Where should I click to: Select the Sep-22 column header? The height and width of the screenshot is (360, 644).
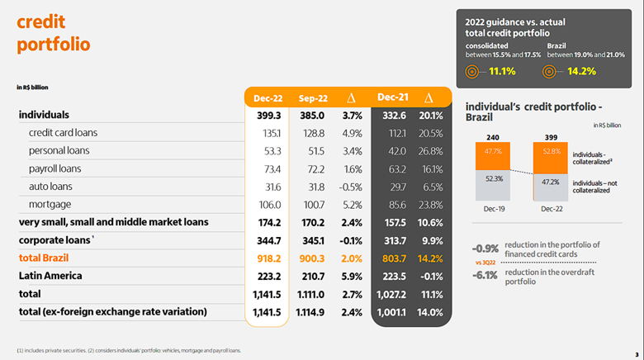pyautogui.click(x=314, y=98)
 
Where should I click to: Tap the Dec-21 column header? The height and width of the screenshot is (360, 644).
pyautogui.click(x=393, y=97)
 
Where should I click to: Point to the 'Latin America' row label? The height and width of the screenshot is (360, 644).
pyautogui.click(x=52, y=275)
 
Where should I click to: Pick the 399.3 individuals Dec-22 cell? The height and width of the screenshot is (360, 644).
pyautogui.click(x=271, y=115)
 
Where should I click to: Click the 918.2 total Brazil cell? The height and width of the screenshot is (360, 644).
pyautogui.click(x=271, y=258)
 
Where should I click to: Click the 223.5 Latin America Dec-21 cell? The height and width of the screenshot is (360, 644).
pyautogui.click(x=393, y=276)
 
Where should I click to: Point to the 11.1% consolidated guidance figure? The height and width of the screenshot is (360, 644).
pyautogui.click(x=502, y=71)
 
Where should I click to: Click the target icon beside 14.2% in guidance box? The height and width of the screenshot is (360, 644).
pyautogui.click(x=551, y=71)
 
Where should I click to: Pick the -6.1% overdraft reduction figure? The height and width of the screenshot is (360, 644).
pyautogui.click(x=485, y=275)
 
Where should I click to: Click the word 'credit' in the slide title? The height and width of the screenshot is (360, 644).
pyautogui.click(x=42, y=21)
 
